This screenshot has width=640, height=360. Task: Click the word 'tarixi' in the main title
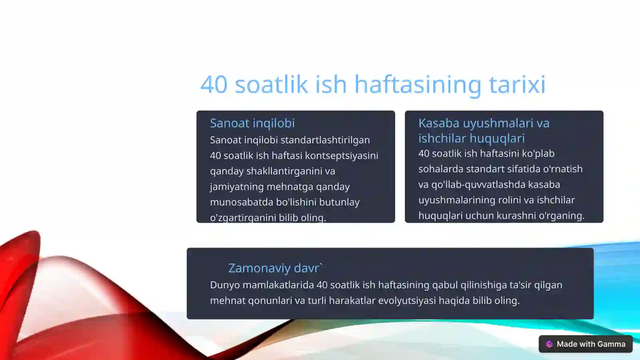pos(517,85)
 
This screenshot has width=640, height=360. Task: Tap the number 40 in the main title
pos(214,85)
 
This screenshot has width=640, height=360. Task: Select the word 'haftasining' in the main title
pos(418,85)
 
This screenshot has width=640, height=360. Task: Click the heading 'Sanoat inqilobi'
pos(252,123)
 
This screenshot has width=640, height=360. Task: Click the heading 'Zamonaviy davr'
pos(274,268)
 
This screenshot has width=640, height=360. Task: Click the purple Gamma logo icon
pos(549,344)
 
